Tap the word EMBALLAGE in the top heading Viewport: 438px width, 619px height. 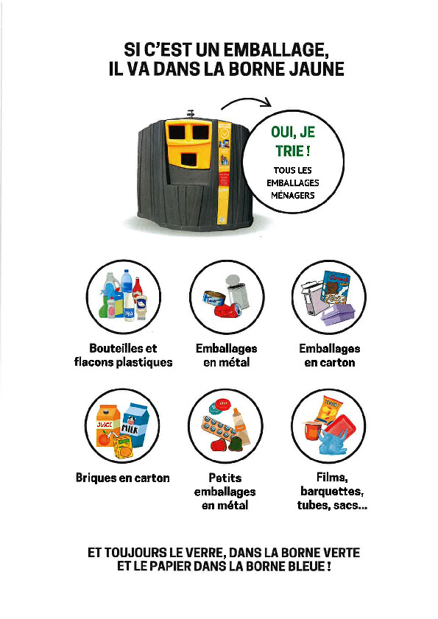point(275,50)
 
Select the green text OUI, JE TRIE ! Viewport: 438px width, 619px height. point(293,141)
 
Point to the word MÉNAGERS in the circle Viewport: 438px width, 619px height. point(293,195)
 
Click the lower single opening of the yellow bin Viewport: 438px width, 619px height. point(188,160)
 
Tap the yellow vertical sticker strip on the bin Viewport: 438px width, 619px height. point(223,171)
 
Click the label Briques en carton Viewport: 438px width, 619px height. point(122,478)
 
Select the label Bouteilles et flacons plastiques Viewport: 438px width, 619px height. point(123,355)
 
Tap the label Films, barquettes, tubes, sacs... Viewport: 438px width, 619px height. point(332,491)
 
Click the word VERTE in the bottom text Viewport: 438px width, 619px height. point(342,552)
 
